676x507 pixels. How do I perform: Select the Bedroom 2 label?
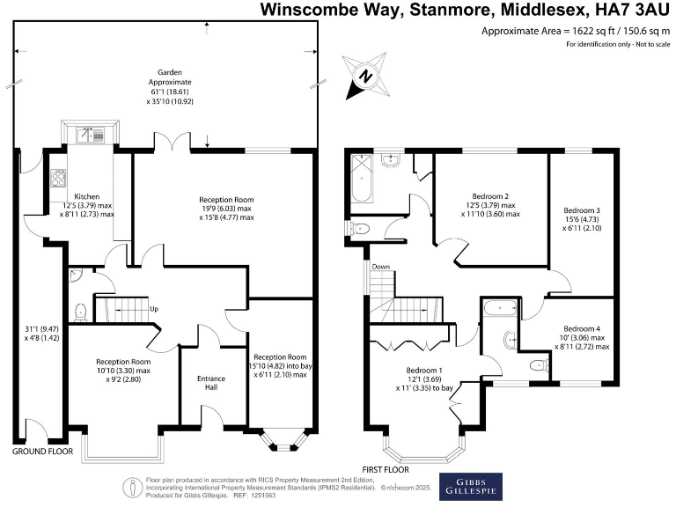click(x=490, y=195)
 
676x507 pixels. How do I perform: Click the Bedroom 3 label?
click(x=581, y=210)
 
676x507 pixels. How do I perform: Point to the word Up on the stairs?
click(x=154, y=309)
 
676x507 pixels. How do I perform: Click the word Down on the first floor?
click(x=380, y=267)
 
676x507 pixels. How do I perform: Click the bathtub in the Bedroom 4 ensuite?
click(x=500, y=308)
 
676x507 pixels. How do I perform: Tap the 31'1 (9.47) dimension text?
click(x=36, y=332)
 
